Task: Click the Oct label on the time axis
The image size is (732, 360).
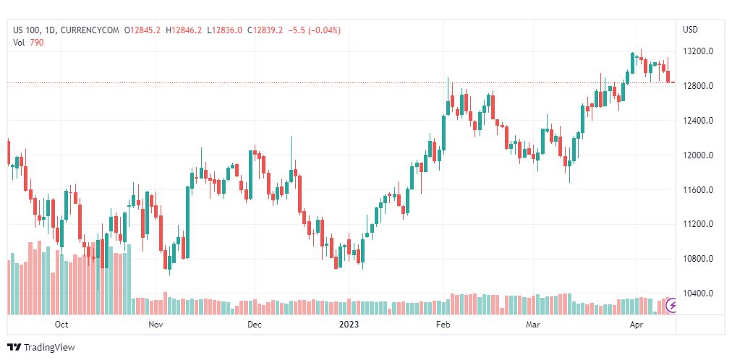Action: pos(61,325)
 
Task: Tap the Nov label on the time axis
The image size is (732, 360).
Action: pos(156,325)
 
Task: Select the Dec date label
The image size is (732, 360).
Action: pos(254,325)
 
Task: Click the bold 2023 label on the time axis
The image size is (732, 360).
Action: pos(349,325)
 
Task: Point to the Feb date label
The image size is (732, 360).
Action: pos(443,325)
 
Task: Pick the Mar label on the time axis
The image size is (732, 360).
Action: pos(534,325)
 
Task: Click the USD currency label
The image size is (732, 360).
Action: pos(691,30)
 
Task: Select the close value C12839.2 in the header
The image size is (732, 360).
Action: pos(265,30)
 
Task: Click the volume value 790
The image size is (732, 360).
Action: pos(37,42)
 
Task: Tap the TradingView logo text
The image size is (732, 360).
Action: pos(48,348)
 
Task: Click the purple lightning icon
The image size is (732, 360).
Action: pos(672,306)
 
